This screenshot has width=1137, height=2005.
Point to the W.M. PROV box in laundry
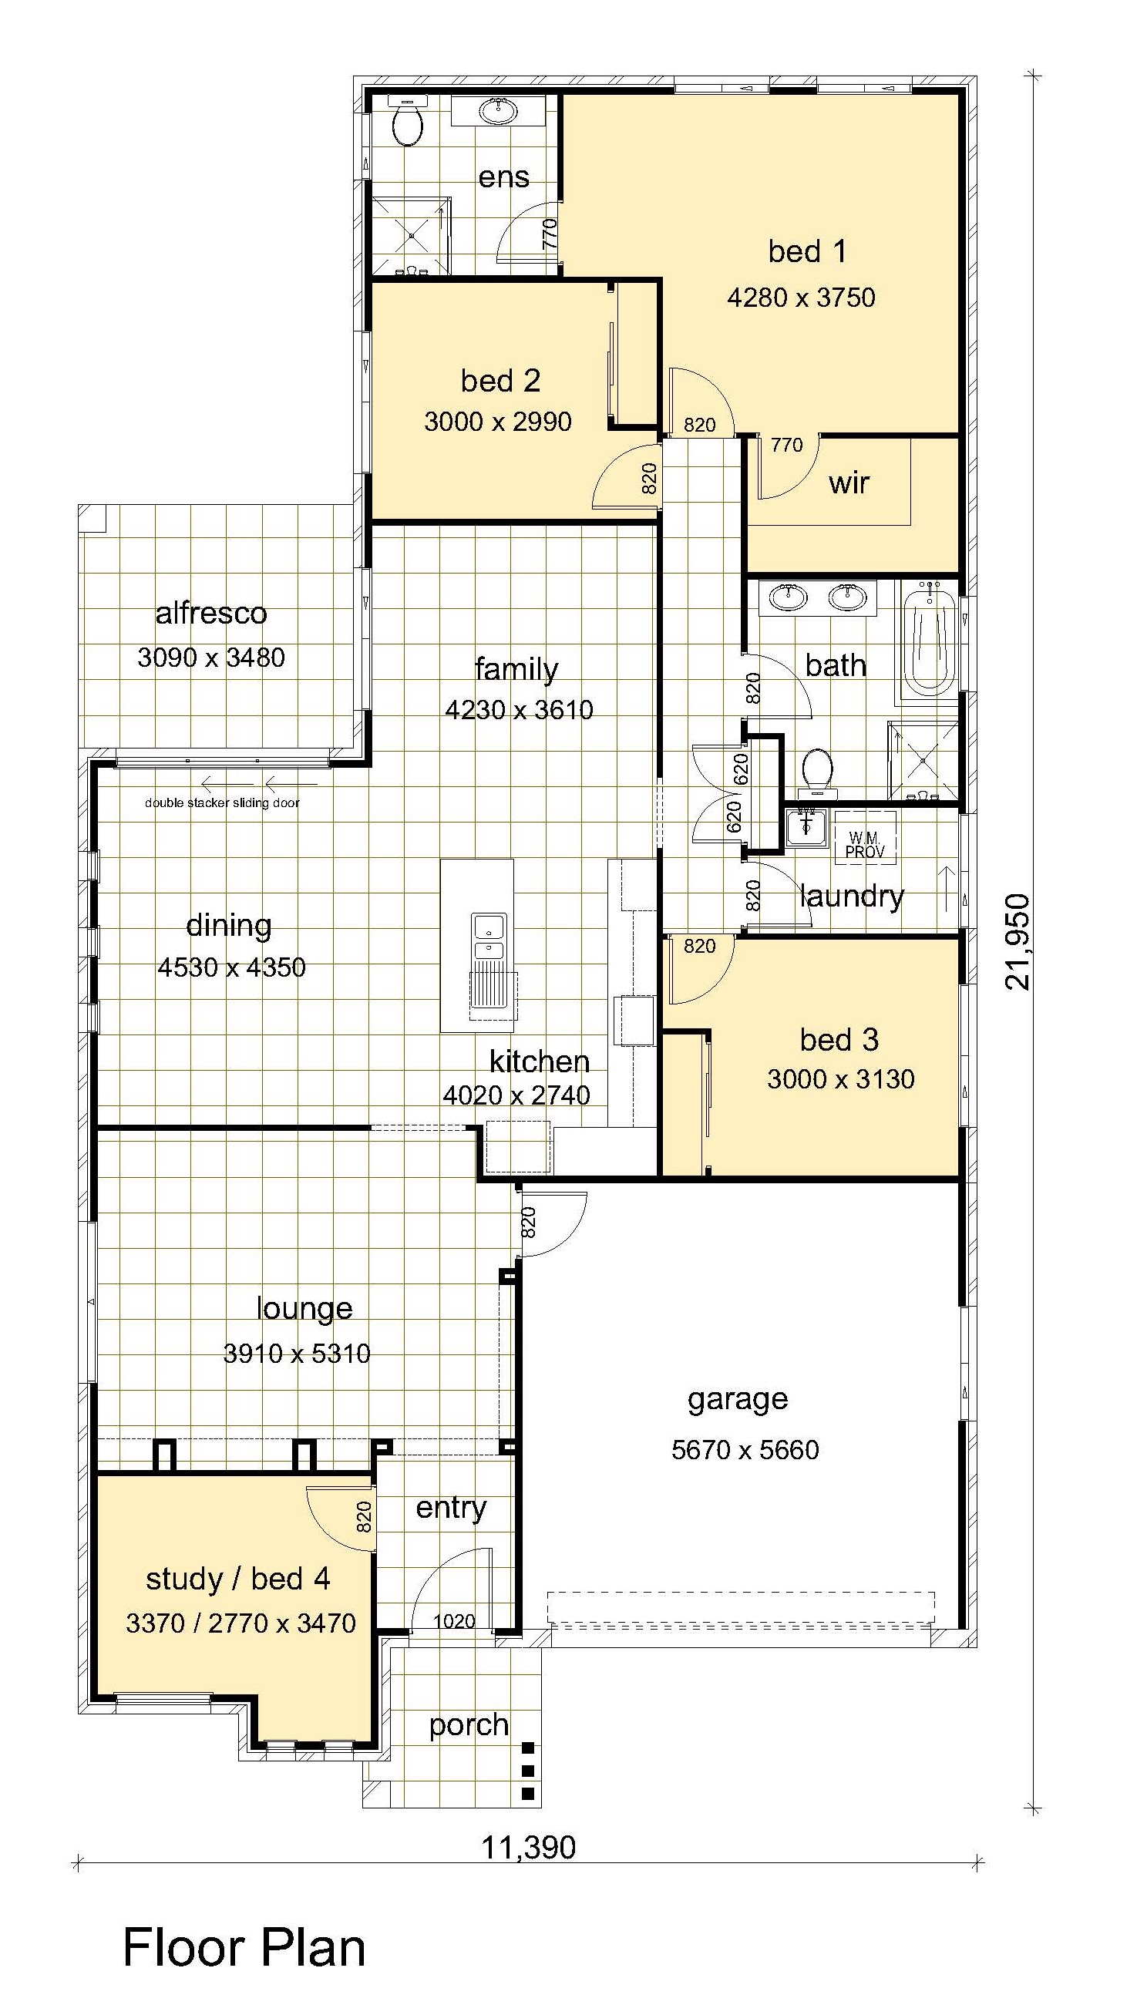pyautogui.click(x=865, y=837)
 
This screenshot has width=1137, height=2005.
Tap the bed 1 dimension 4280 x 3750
pyautogui.click(x=801, y=298)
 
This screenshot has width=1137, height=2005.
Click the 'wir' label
pyautogui.click(x=849, y=483)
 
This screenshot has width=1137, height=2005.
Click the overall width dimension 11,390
pyautogui.click(x=529, y=1848)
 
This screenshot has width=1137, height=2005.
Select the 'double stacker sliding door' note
pyautogui.click(x=223, y=802)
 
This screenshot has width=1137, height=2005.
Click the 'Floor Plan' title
pyautogui.click(x=244, y=1947)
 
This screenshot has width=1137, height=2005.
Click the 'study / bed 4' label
pyautogui.click(x=238, y=1579)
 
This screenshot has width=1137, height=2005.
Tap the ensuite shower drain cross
pyautogui.click(x=411, y=234)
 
